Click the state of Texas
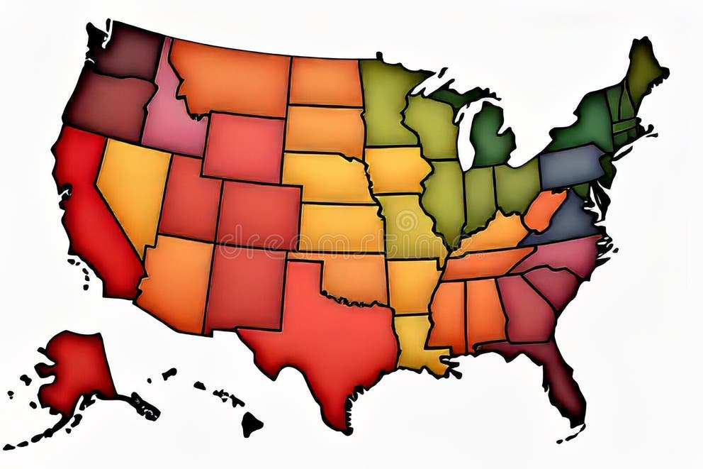pyautogui.click(x=319, y=333)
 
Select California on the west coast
pyautogui.click(x=92, y=213)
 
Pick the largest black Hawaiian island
pyautogui.click(x=251, y=424)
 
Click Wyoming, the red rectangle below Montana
pyautogui.click(x=244, y=145)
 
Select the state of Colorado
pyautogui.click(x=259, y=213)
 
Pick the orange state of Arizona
pyautogui.click(x=174, y=284)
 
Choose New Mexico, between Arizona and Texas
pyautogui.click(x=244, y=287)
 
